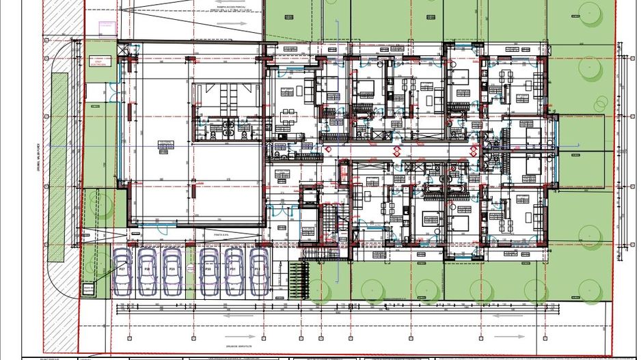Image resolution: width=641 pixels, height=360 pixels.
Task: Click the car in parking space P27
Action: (122, 272)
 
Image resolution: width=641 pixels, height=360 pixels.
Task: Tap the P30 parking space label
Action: (206, 270)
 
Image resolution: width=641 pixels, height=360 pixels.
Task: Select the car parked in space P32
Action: (258, 272)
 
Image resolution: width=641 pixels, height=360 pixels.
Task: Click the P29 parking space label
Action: (172, 270)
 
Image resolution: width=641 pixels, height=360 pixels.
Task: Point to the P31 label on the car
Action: (233, 270)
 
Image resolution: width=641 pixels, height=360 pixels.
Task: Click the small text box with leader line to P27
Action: (88, 292)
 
